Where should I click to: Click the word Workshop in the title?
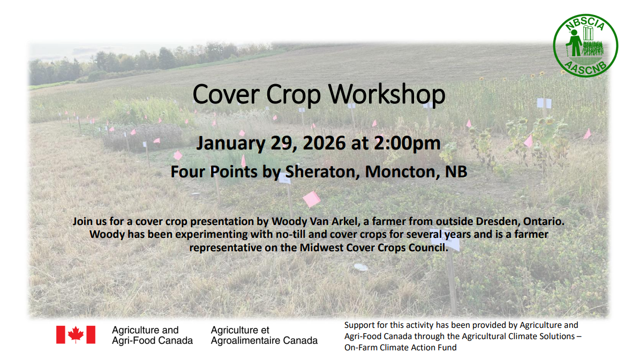pos(387,94)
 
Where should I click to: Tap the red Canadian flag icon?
pos(76,335)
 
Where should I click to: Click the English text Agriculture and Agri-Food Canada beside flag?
pos(152,335)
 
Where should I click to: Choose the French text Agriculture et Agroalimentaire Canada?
pos(264,335)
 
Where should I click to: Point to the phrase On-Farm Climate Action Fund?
pos(400,347)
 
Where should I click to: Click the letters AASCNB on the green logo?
pos(585,66)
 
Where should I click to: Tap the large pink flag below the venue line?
pos(311,199)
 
